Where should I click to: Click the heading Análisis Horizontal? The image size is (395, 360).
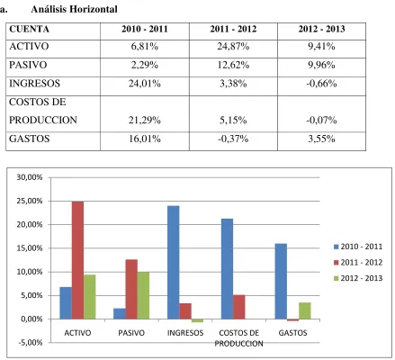[74, 9]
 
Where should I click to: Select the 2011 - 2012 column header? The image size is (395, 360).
[233, 29]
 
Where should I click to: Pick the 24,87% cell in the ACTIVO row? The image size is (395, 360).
[233, 47]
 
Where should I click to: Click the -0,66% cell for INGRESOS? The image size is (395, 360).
[321, 84]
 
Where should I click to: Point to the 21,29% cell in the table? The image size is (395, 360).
[145, 121]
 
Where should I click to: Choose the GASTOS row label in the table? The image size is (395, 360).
[30, 139]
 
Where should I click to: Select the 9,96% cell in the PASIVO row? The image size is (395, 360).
[321, 65]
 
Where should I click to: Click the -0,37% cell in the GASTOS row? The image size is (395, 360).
[233, 139]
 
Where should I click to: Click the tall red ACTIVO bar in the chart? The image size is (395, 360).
[77, 260]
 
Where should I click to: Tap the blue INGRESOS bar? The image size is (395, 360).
[174, 262]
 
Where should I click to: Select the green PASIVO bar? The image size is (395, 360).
[143, 295]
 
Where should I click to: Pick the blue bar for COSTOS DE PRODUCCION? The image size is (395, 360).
[227, 269]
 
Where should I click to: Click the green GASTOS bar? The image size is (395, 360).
[305, 310]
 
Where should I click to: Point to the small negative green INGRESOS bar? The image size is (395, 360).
[197, 320]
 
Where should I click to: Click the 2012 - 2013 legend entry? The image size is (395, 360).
[358, 278]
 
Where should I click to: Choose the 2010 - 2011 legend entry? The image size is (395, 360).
[358, 247]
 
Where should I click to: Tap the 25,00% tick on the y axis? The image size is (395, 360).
[30, 201]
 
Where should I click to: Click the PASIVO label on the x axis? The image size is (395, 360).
[131, 333]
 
